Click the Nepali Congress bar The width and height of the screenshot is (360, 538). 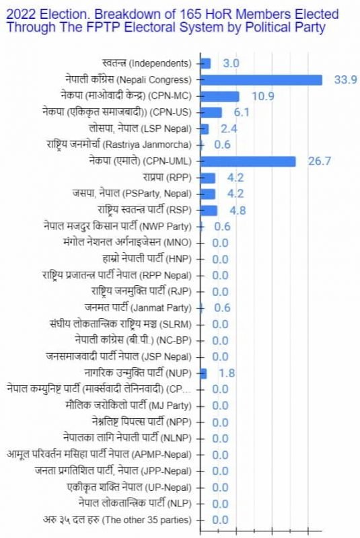[261, 79]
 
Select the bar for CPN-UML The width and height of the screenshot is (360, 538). [248, 161]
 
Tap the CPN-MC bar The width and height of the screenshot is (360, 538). [219, 96]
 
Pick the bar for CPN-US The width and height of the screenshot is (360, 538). [211, 112]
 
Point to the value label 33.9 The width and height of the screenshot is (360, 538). [345, 80]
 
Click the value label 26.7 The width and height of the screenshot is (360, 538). [319, 161]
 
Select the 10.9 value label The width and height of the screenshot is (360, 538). [262, 96]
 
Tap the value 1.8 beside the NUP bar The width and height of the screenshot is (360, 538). [226, 373]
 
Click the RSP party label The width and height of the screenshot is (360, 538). [145, 210]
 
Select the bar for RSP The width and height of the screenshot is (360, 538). [209, 210]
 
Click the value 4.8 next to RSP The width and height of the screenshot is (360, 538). [238, 210]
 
